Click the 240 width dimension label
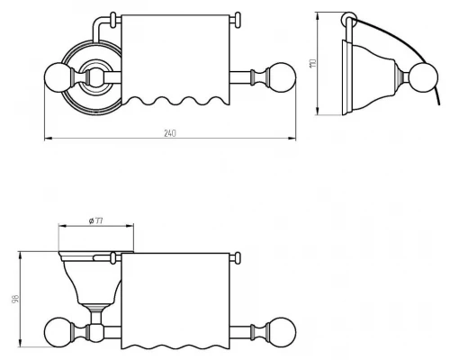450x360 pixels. pos(170,133)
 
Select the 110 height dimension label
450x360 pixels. pos(312,63)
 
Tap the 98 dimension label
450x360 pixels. pos(15,299)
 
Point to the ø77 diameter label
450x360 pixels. pos(96,221)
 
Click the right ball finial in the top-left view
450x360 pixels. pos(282,77)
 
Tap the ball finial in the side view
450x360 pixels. pos(423,77)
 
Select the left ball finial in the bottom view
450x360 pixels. pos(58,332)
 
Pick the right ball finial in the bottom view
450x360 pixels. pos(282,332)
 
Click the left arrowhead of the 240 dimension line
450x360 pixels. pos(48,139)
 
